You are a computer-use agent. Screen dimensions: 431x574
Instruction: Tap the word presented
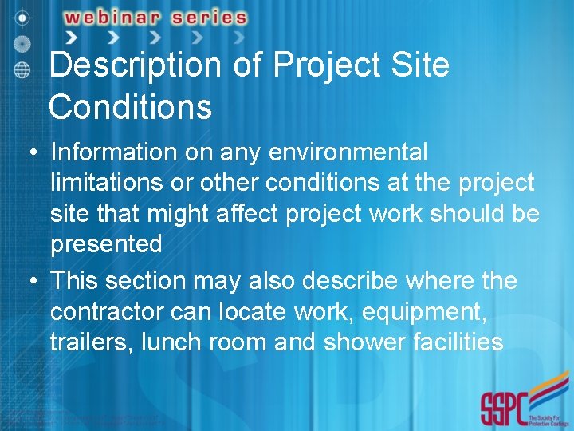(106, 244)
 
